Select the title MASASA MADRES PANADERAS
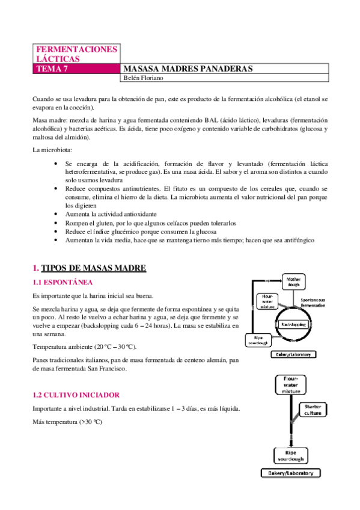(187, 69)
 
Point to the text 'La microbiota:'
(53, 149)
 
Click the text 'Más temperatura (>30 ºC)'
(67, 422)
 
